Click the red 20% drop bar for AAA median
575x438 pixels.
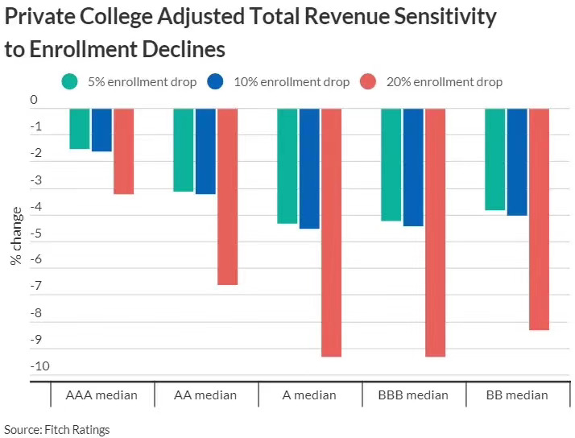click(x=123, y=151)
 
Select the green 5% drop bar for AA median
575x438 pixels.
click(x=184, y=150)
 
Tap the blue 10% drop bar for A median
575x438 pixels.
click(x=309, y=168)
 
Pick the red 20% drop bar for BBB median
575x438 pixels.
click(x=435, y=232)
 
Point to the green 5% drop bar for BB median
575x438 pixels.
click(x=494, y=159)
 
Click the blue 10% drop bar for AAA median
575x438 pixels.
click(x=101, y=130)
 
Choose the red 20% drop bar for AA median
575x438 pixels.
click(x=227, y=196)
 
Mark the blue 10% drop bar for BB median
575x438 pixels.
click(x=517, y=162)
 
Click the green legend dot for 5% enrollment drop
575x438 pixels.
click(x=71, y=81)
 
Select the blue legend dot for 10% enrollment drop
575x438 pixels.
click(x=215, y=81)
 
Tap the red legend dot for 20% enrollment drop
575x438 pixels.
click(x=368, y=81)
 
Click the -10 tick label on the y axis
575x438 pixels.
click(x=39, y=366)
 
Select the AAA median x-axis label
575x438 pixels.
click(x=101, y=395)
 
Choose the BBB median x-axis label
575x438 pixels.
click(x=414, y=395)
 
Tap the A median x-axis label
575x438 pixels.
click(x=309, y=395)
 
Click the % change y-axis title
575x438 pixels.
click(x=16, y=236)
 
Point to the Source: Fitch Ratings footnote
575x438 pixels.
click(x=56, y=429)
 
